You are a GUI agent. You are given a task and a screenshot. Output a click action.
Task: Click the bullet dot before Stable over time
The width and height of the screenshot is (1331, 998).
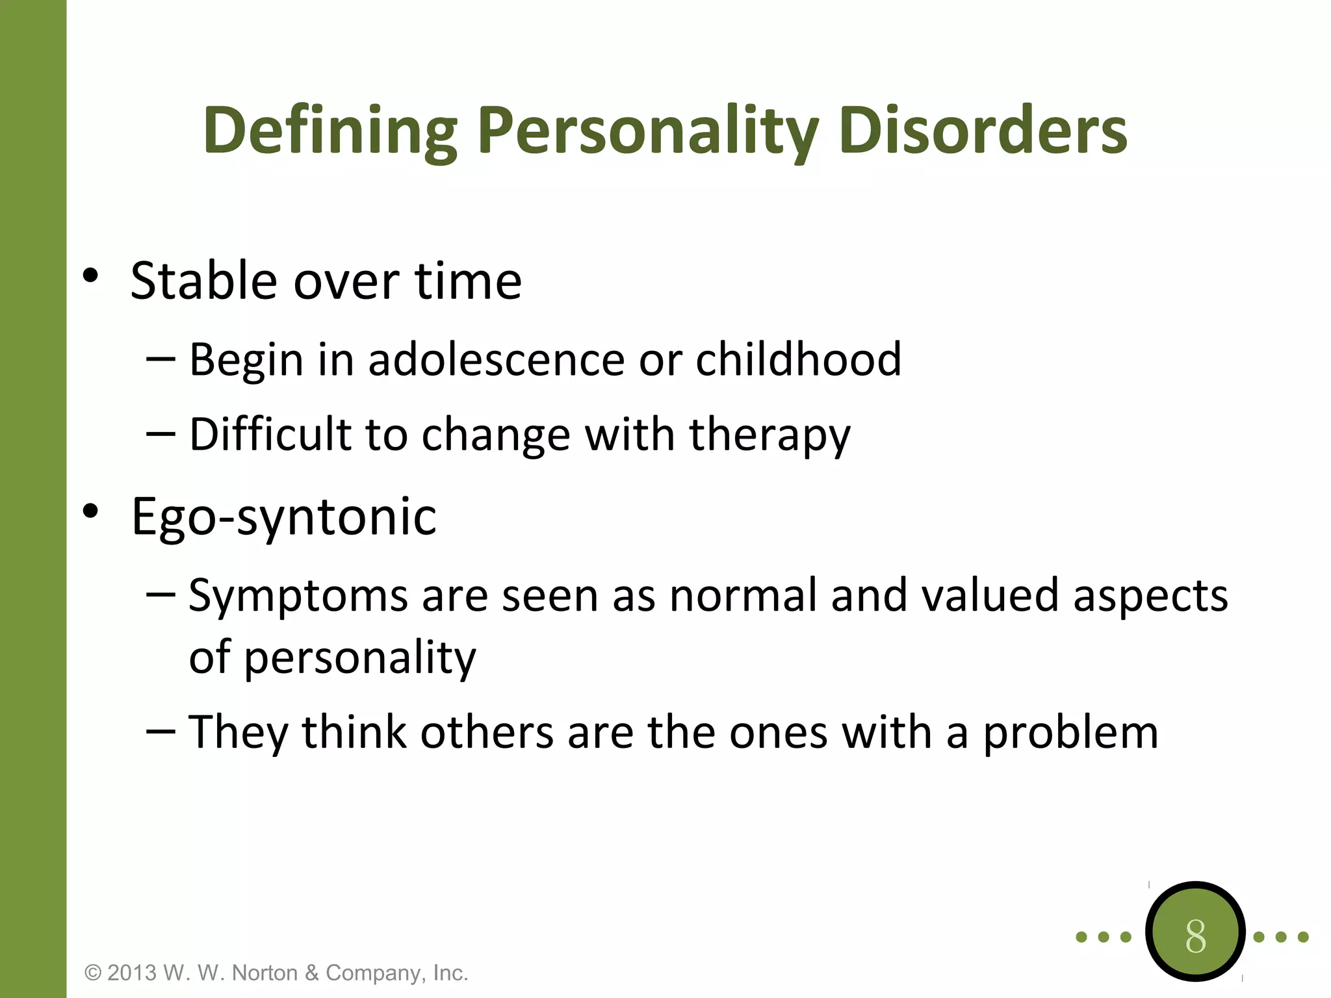pos(90,275)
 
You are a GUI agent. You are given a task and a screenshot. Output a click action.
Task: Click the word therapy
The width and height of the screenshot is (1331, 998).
pos(769,435)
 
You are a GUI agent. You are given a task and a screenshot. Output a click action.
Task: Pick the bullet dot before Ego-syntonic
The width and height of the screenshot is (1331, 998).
pos(90,511)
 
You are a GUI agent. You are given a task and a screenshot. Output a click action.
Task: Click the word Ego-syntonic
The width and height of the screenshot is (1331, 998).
pos(284,517)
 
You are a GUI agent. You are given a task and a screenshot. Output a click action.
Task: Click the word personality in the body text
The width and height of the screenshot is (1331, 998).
pos(360,658)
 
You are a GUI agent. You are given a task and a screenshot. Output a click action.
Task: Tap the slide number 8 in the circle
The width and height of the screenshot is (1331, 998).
pos(1195,936)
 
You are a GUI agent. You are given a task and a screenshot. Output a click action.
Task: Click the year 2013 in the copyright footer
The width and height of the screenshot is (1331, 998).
pos(132,973)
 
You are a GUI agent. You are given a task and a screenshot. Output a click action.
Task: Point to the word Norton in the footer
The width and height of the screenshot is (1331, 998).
pos(264,973)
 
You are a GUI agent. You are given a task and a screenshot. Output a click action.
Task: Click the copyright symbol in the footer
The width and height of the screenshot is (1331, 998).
pos(94,973)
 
